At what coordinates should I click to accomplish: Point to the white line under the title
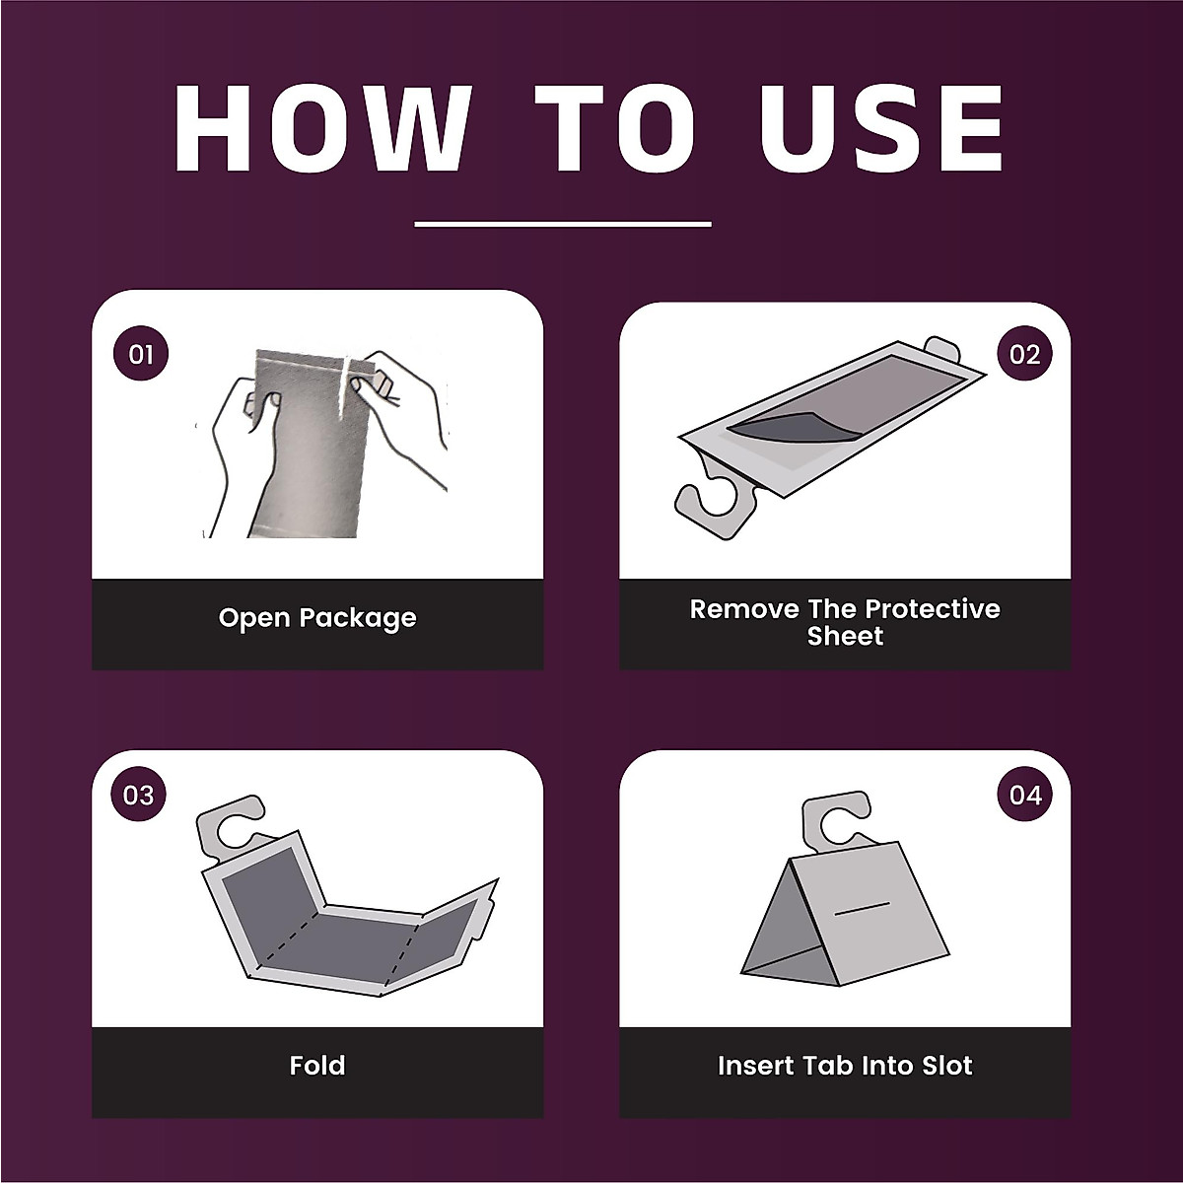point(562,224)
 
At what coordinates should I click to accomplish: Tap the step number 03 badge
point(139,796)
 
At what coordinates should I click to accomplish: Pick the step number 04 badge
point(1025,796)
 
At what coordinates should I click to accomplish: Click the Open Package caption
point(317,618)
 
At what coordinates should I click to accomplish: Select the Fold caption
point(317,1066)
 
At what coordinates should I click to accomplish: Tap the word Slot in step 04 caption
point(943,1066)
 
